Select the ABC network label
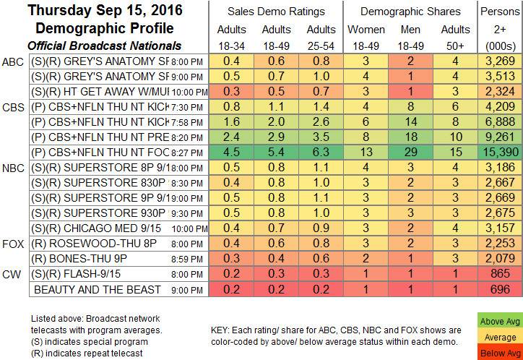(x=14, y=61)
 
